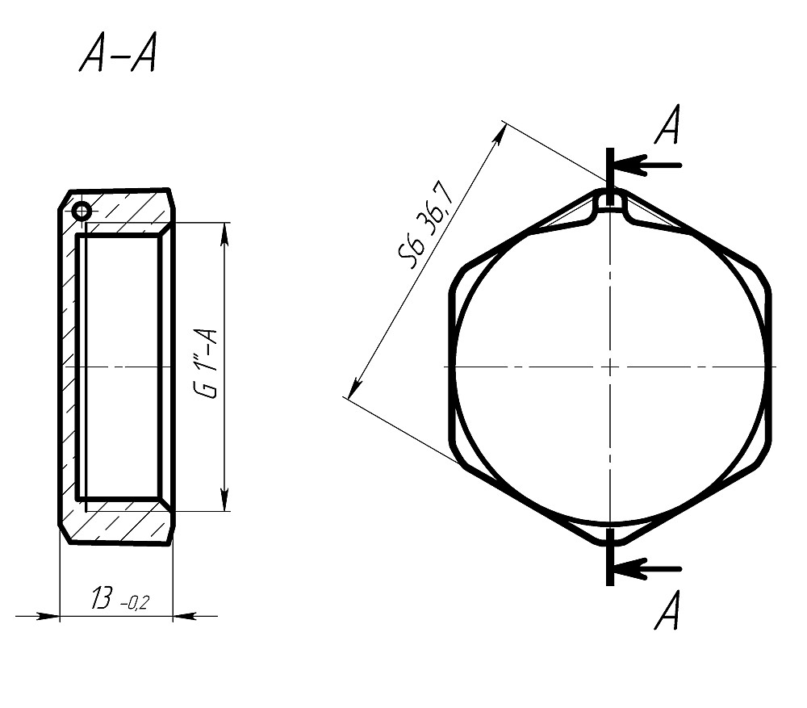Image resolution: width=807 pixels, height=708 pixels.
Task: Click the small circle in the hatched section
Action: pos(82,211)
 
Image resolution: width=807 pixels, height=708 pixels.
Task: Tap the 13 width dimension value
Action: pos(102,598)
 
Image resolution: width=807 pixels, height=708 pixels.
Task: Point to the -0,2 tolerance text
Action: pos(134,602)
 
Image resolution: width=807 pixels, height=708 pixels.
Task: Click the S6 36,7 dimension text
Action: pos(426,224)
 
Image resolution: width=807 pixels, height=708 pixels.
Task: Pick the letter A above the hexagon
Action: pos(667,124)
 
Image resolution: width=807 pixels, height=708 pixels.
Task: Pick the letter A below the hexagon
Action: pos(667,610)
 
